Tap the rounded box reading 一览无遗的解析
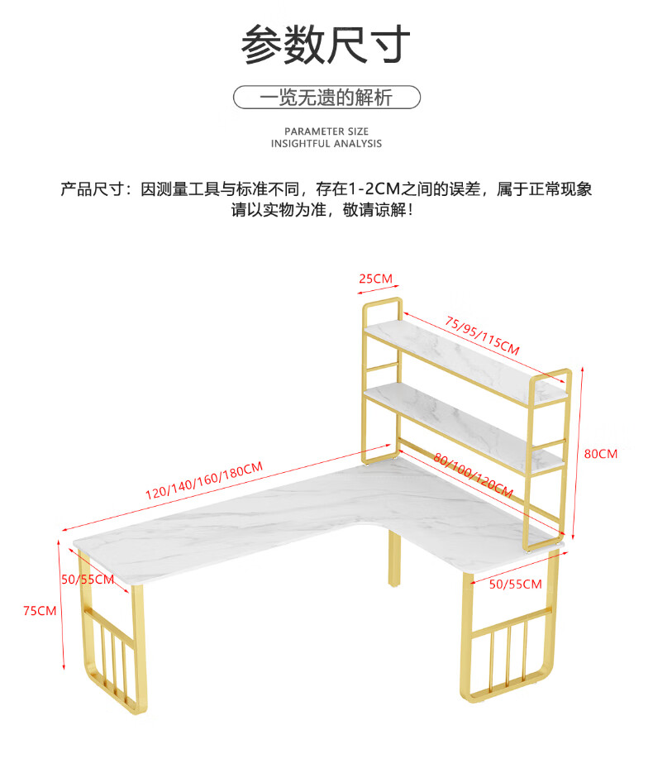326,98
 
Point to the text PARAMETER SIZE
326,131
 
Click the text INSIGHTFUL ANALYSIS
326,144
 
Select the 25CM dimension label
375,279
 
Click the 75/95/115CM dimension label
482,335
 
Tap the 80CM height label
601,454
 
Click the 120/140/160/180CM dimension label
204,480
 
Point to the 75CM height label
40,611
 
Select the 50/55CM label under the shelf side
515,585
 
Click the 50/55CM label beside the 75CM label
88,579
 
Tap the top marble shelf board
463,355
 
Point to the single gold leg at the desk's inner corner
393,559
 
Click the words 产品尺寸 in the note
88,189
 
